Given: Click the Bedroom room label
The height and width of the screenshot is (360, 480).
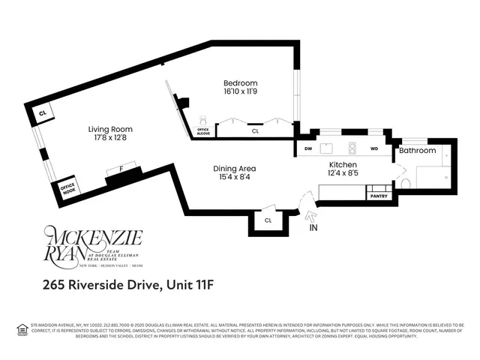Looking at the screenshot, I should pyautogui.click(x=241, y=83).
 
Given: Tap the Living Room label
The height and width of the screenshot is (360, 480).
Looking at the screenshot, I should pyautogui.click(x=110, y=129).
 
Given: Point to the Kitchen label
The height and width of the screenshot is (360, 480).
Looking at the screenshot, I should pyautogui.click(x=343, y=164).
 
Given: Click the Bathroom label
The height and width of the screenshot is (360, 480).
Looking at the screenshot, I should pyautogui.click(x=417, y=151).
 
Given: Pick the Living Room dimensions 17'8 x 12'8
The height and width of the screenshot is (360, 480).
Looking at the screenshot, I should pyautogui.click(x=110, y=138).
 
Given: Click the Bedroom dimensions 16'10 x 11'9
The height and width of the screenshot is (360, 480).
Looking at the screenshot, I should pyautogui.click(x=241, y=92).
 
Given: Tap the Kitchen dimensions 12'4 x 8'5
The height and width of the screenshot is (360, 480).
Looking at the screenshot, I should pyautogui.click(x=343, y=173).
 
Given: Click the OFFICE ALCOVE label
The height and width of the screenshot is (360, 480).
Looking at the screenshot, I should pyautogui.click(x=203, y=130).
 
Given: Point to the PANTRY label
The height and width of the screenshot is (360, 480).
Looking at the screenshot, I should pyautogui.click(x=378, y=196).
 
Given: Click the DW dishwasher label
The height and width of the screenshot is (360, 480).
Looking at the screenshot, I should pyautogui.click(x=308, y=148).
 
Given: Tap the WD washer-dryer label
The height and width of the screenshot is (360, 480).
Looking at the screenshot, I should pyautogui.click(x=373, y=148).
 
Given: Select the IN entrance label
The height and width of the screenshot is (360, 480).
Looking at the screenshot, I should pyautogui.click(x=313, y=226).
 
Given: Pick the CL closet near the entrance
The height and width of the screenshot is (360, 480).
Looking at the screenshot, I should pyautogui.click(x=268, y=220).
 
